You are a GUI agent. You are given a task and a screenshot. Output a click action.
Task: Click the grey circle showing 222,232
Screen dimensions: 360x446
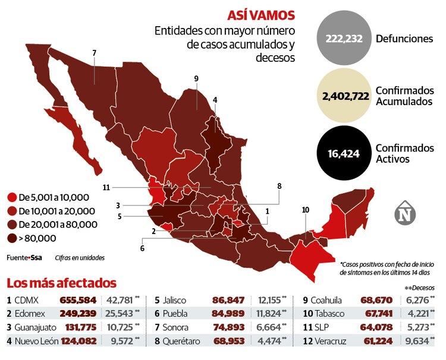coord(343,38)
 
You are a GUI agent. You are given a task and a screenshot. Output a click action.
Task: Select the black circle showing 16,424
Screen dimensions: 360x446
coord(343,153)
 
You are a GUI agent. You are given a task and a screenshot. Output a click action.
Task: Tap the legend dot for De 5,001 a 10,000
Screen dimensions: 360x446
coord(11,197)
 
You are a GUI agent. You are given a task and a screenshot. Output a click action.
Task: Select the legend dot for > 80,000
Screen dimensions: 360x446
coord(11,238)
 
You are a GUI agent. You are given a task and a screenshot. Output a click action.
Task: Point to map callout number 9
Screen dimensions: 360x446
coord(196,78)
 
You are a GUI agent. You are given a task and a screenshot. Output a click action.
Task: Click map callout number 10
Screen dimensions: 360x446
coord(306,210)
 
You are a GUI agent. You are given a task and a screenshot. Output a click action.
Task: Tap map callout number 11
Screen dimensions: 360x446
coord(106,188)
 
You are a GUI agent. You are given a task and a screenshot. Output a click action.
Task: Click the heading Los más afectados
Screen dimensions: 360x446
coord(61,283)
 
